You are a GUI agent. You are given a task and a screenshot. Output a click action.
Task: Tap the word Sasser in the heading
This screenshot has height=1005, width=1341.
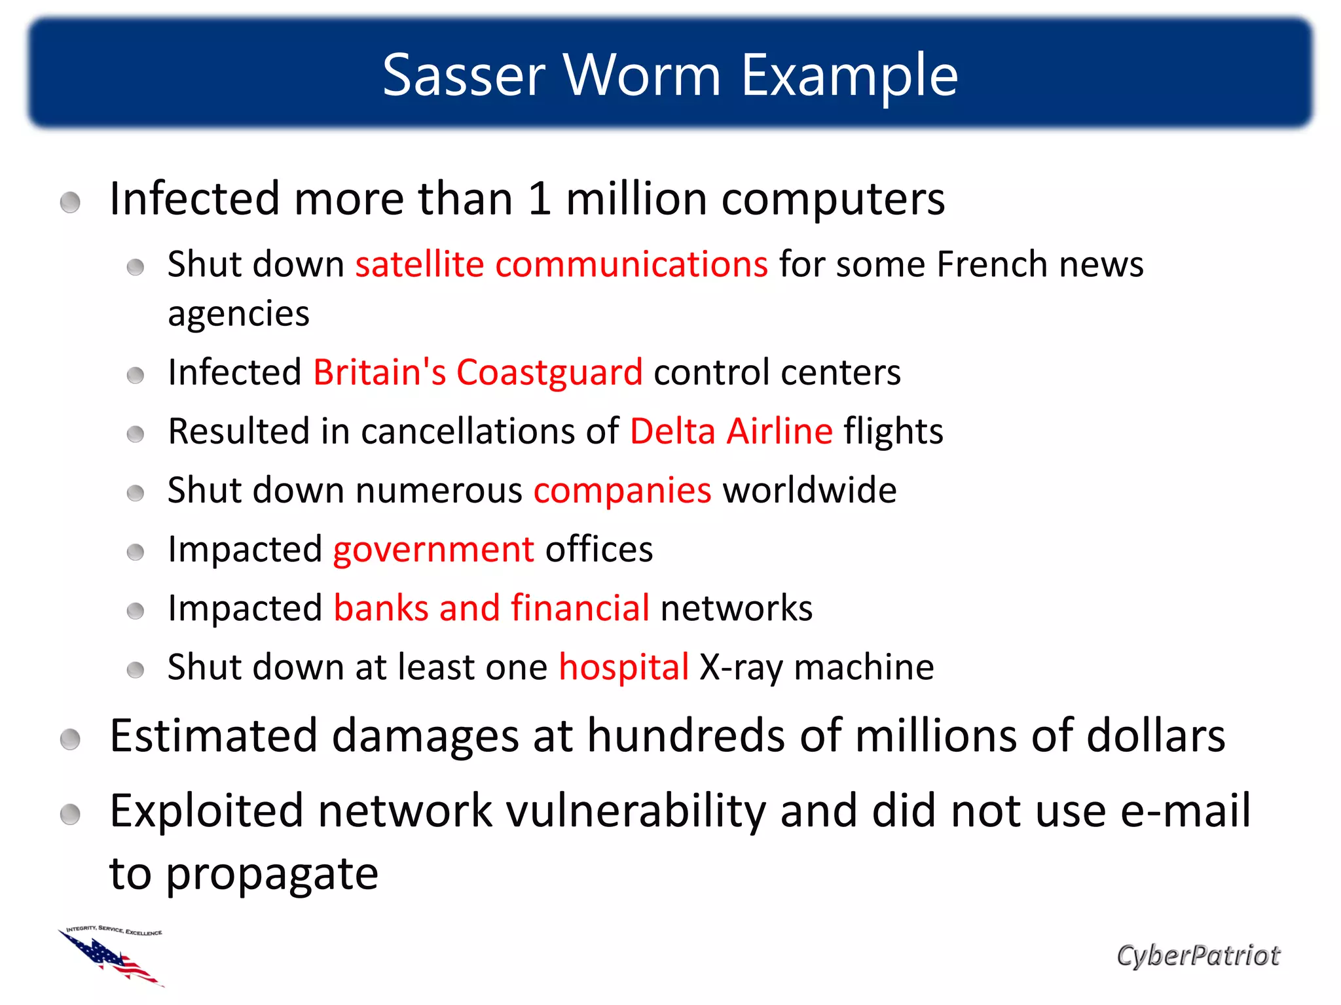[x=464, y=75]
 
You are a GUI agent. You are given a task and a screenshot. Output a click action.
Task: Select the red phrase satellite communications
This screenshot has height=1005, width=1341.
[x=561, y=264]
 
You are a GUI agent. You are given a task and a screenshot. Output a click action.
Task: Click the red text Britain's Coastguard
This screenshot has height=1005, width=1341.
[x=477, y=372]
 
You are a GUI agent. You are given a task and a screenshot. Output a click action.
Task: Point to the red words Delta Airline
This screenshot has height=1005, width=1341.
[x=731, y=431]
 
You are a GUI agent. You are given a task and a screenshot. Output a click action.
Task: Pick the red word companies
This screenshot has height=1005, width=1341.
[x=622, y=490]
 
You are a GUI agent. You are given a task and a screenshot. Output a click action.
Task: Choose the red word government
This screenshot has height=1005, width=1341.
[x=433, y=549]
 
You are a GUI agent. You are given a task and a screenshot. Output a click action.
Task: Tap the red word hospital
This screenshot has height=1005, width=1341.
[x=623, y=667]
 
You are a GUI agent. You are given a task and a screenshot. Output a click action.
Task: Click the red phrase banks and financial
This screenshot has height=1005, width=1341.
[x=491, y=608]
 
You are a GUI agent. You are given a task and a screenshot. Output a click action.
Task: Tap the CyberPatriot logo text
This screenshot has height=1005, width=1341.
[x=1198, y=956]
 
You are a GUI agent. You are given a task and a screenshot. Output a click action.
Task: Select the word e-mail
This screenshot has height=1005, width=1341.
[x=1185, y=811]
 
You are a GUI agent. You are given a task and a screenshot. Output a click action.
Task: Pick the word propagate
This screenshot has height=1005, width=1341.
[x=272, y=874]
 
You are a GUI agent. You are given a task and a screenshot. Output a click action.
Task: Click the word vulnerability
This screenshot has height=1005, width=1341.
[x=636, y=811]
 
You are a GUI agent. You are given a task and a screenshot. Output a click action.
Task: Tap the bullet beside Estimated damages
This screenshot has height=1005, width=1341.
[x=70, y=740]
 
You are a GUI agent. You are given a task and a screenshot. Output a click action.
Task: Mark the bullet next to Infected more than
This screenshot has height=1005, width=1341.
[x=70, y=202]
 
